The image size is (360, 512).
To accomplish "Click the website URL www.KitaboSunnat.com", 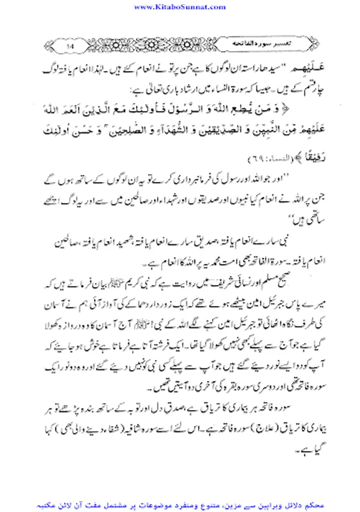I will [x=180, y=6].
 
